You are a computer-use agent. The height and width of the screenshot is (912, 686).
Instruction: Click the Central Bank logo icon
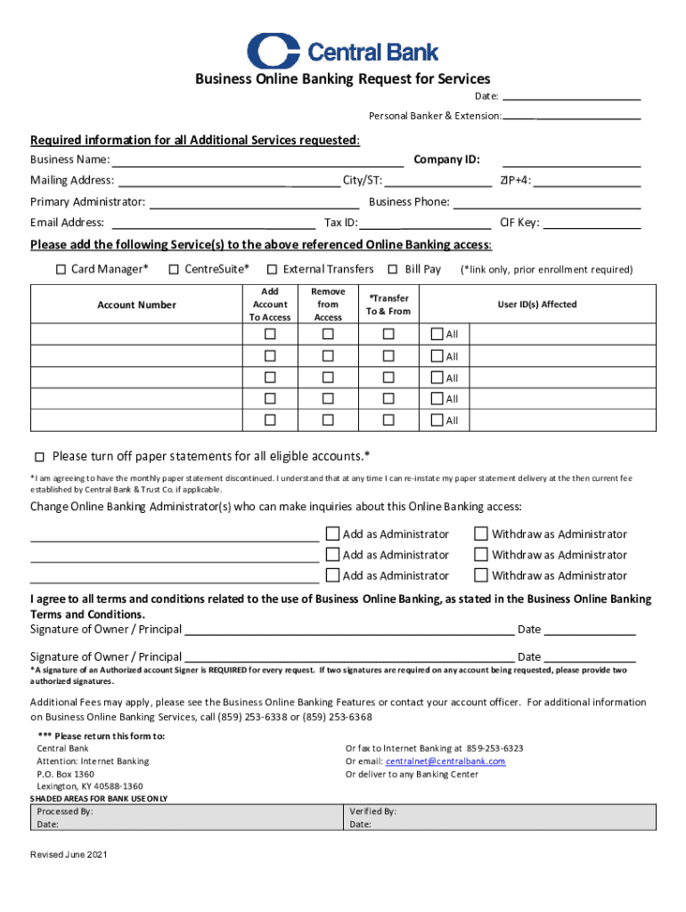click(x=274, y=51)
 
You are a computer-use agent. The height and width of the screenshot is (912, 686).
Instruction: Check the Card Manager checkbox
click(x=61, y=269)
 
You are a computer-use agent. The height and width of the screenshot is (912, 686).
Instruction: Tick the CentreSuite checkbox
click(x=174, y=269)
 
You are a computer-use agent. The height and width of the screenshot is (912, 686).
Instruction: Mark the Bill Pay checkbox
click(x=393, y=269)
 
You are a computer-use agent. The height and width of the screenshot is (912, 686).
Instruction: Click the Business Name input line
click(x=257, y=160)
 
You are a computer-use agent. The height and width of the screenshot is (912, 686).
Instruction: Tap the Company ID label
click(x=446, y=159)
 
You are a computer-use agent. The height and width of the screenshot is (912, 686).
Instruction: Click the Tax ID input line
click(x=427, y=223)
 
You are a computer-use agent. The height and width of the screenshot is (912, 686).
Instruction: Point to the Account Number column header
click(x=136, y=305)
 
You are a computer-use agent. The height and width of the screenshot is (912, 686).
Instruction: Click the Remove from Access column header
click(x=328, y=305)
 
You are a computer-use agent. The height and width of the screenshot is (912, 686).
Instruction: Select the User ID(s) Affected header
click(x=536, y=305)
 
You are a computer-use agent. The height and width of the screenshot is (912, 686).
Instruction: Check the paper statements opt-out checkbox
click(x=39, y=457)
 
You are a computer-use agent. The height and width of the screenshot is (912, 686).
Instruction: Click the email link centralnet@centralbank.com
click(x=445, y=761)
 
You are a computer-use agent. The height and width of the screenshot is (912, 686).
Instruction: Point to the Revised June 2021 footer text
click(x=69, y=855)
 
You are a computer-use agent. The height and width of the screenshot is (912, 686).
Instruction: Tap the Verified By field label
click(x=372, y=812)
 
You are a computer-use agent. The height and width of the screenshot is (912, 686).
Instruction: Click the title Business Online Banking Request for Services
click(x=343, y=79)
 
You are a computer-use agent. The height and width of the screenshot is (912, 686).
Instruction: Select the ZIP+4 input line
click(x=587, y=181)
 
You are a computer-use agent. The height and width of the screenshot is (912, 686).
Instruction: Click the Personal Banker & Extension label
click(x=435, y=117)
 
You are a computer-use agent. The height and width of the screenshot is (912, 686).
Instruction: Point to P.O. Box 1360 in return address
click(x=65, y=774)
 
